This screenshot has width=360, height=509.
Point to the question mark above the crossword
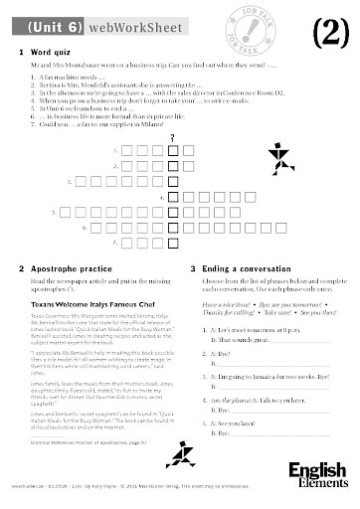[x=173, y=136]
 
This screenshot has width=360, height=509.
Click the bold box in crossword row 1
[x=173, y=150]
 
